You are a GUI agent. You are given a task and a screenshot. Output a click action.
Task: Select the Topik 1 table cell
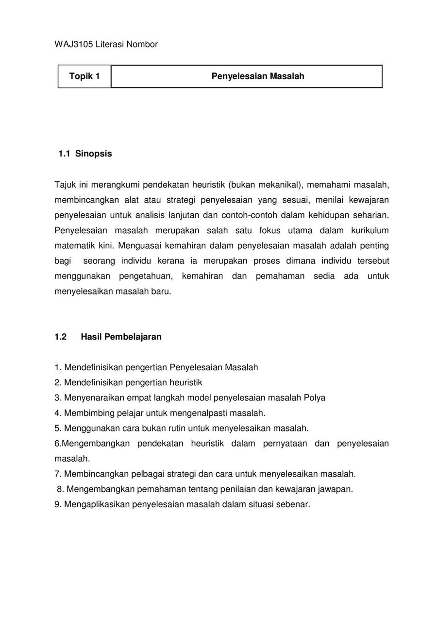(x=84, y=76)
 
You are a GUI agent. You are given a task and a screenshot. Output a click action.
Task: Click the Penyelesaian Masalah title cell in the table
(x=258, y=76)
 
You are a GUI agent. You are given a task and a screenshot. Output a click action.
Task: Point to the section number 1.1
(x=64, y=154)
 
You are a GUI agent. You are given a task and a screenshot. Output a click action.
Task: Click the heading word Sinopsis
(x=94, y=154)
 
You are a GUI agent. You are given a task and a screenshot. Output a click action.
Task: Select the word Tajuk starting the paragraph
(x=65, y=185)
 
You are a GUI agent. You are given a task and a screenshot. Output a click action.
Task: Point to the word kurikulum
(x=370, y=230)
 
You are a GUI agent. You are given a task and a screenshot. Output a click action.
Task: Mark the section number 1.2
(x=61, y=337)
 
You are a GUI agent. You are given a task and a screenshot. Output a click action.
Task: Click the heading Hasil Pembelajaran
(x=121, y=337)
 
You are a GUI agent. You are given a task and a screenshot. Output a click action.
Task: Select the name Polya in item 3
(x=315, y=398)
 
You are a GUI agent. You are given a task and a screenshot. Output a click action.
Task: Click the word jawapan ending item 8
(x=335, y=489)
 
